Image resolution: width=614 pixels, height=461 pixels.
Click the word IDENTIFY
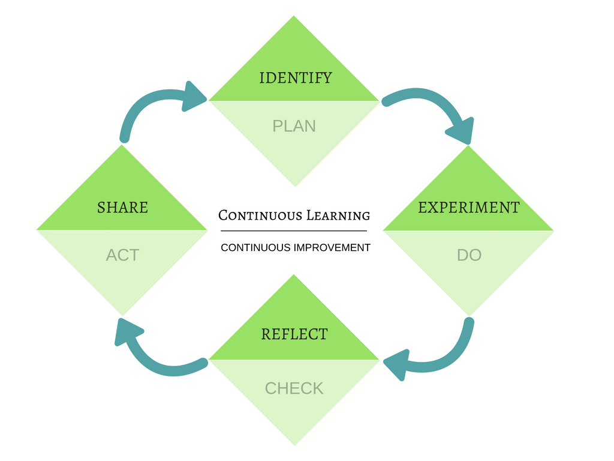(x=295, y=78)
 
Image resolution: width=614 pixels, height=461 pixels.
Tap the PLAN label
(x=294, y=126)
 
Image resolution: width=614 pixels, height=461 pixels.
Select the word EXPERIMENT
(x=468, y=208)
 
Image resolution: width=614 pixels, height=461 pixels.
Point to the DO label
(x=469, y=255)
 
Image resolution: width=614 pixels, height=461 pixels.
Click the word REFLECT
(x=294, y=334)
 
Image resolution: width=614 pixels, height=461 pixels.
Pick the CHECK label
(x=294, y=388)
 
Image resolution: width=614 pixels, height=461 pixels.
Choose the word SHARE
(x=122, y=208)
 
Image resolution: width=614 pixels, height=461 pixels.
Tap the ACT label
(x=122, y=255)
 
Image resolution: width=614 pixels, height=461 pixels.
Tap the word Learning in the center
(x=338, y=215)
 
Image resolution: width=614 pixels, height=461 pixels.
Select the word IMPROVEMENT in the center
(x=332, y=247)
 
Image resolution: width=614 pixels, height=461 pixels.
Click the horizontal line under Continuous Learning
(x=294, y=230)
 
